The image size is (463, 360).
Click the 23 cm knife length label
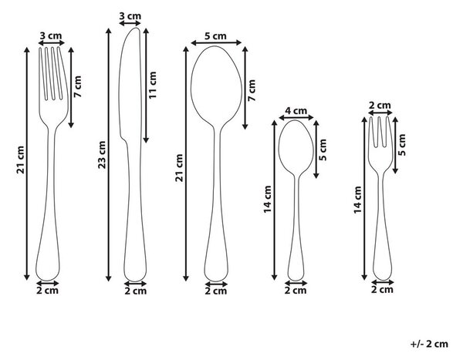(102, 155)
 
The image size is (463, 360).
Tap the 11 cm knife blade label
(153, 85)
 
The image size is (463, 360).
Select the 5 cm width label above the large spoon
(215, 36)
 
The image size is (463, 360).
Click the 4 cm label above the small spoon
(296, 111)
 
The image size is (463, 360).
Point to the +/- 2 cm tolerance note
(429, 344)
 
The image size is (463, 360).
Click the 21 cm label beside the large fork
(21, 160)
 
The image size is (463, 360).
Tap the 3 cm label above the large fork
(51, 36)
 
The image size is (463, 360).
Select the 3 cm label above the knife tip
(130, 16)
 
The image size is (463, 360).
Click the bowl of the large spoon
(216, 86)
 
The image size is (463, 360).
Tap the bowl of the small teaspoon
(296, 146)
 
